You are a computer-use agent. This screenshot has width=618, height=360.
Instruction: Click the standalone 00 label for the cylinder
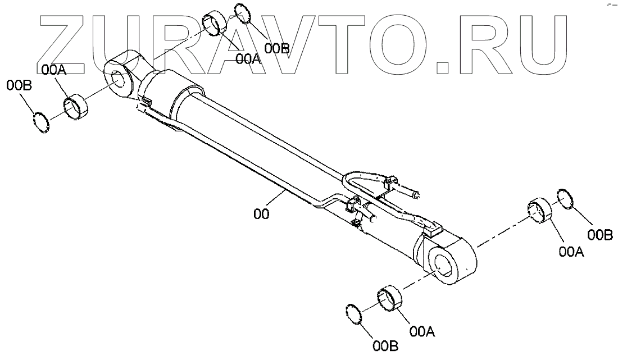pos(261,214)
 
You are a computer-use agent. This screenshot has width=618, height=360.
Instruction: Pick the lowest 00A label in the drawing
pos(423,331)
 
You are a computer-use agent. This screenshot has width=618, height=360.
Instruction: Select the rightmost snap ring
pos(565,198)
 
